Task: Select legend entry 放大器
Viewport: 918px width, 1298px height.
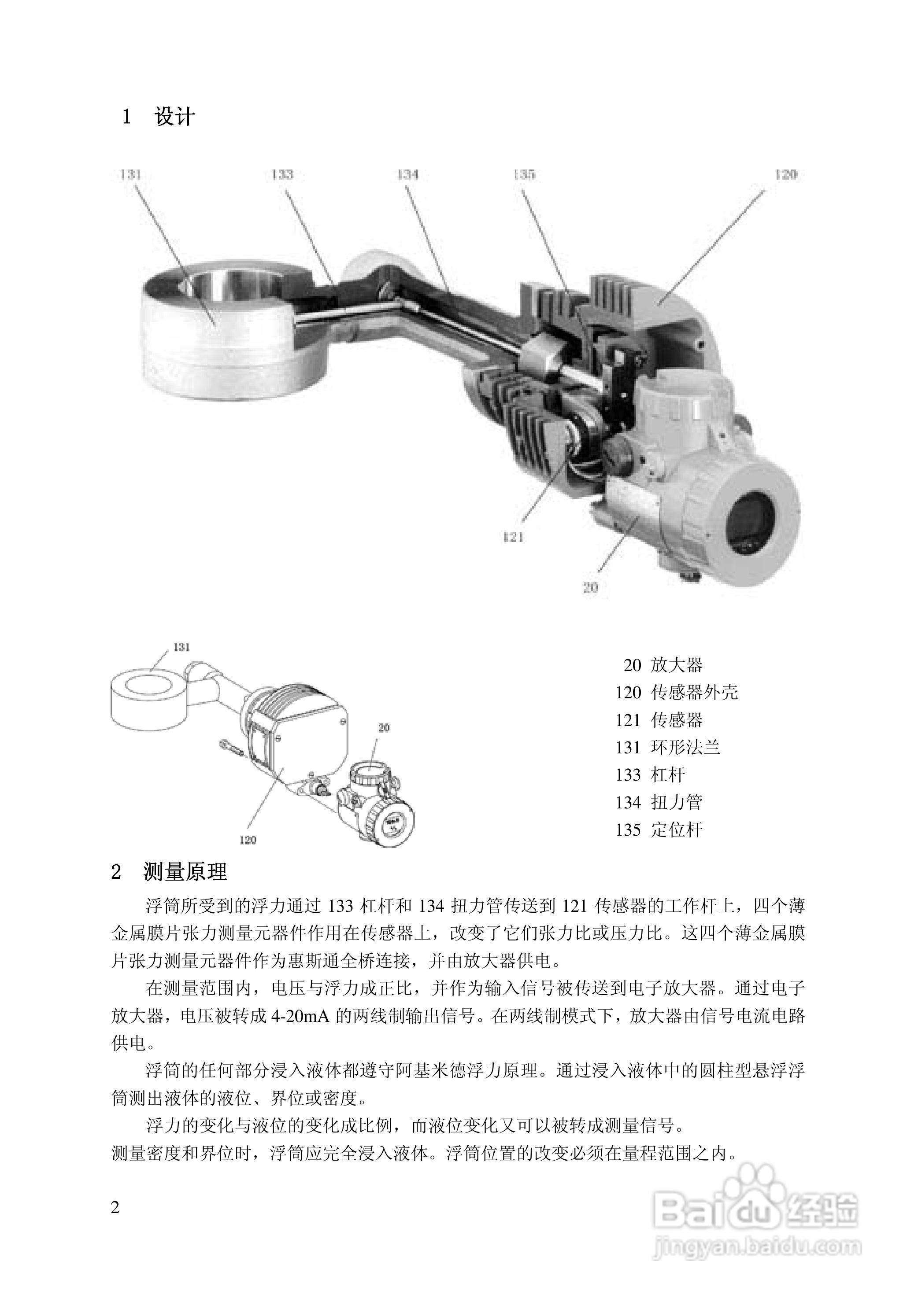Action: click(x=677, y=665)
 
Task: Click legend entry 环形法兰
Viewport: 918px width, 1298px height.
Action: click(x=685, y=747)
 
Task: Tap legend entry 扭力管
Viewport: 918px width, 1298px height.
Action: click(x=677, y=802)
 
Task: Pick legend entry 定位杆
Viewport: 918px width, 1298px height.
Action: click(x=677, y=830)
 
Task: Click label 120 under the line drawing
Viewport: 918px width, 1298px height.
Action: click(x=247, y=840)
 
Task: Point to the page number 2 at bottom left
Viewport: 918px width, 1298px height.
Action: click(x=115, y=1208)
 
